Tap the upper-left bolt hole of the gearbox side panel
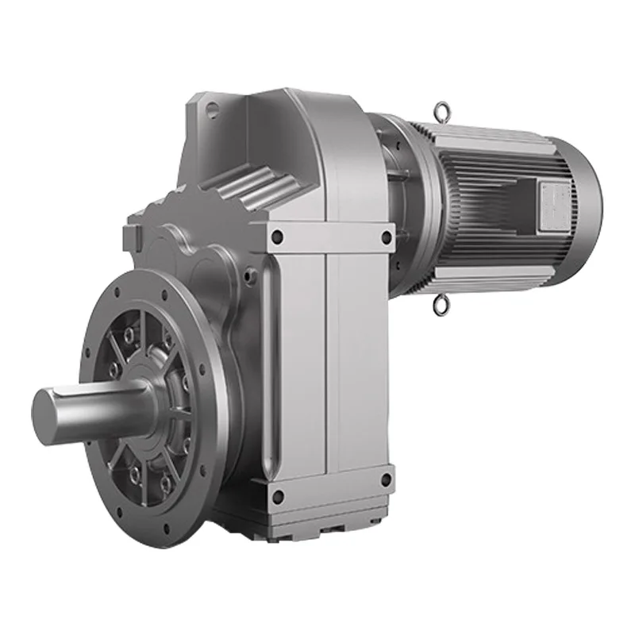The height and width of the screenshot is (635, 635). tap(277, 236)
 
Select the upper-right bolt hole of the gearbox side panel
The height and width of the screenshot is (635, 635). tap(386, 236)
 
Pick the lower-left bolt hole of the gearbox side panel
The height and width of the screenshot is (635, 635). tap(277, 497)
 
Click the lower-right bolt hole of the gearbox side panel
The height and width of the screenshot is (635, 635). tap(386, 480)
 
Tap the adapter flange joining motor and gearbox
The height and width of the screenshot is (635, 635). tap(405, 183)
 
